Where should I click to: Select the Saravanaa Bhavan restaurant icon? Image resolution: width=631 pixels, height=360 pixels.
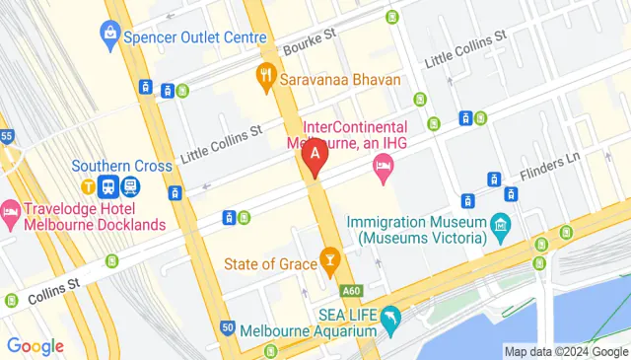[x=265, y=74]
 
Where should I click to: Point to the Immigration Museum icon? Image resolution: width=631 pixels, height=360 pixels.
[x=502, y=228]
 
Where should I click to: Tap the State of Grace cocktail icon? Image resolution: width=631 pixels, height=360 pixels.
[x=330, y=262]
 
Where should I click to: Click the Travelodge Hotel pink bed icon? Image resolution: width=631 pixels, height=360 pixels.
[x=11, y=210]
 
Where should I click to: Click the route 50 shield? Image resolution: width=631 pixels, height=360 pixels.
[x=227, y=327]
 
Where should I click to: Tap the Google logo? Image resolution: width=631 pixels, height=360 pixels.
[x=35, y=346]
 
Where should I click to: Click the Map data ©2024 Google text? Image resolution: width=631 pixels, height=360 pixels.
[x=565, y=351]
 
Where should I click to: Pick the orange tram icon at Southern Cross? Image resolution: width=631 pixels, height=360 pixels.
[x=88, y=185]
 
